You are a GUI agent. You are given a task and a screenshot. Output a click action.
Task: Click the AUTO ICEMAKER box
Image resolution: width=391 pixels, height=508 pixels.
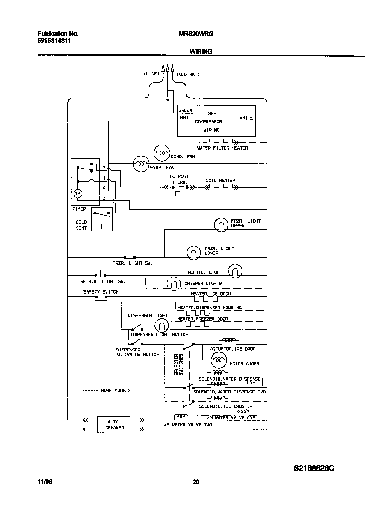coord(113,424)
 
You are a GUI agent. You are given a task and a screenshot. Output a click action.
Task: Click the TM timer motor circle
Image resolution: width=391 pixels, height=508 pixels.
coord(78,194)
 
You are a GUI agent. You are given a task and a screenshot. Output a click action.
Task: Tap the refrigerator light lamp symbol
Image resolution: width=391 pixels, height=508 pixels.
coord(235,272)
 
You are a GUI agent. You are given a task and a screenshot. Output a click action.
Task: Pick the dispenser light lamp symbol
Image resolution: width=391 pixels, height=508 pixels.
coord(161,326)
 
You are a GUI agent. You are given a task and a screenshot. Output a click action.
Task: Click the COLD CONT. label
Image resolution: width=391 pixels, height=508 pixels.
coord(82,225)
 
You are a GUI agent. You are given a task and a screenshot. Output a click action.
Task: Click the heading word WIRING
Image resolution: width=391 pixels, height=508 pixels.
coord(201,51)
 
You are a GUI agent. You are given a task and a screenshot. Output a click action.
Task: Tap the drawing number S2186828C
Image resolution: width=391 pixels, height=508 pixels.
coord(314,468)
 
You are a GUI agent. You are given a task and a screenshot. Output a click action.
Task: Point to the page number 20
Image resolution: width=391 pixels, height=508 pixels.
coord(195,483)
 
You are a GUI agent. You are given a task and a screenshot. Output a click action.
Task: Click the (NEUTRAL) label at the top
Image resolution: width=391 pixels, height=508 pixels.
coord(188,74)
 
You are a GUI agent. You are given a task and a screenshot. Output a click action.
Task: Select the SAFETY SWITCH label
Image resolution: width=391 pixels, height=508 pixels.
coord(101,292)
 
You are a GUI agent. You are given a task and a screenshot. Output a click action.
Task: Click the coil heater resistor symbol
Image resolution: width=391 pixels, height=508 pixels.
coord(220,187)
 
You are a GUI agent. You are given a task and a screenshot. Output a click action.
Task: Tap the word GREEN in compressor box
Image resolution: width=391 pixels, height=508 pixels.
coord(185,110)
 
